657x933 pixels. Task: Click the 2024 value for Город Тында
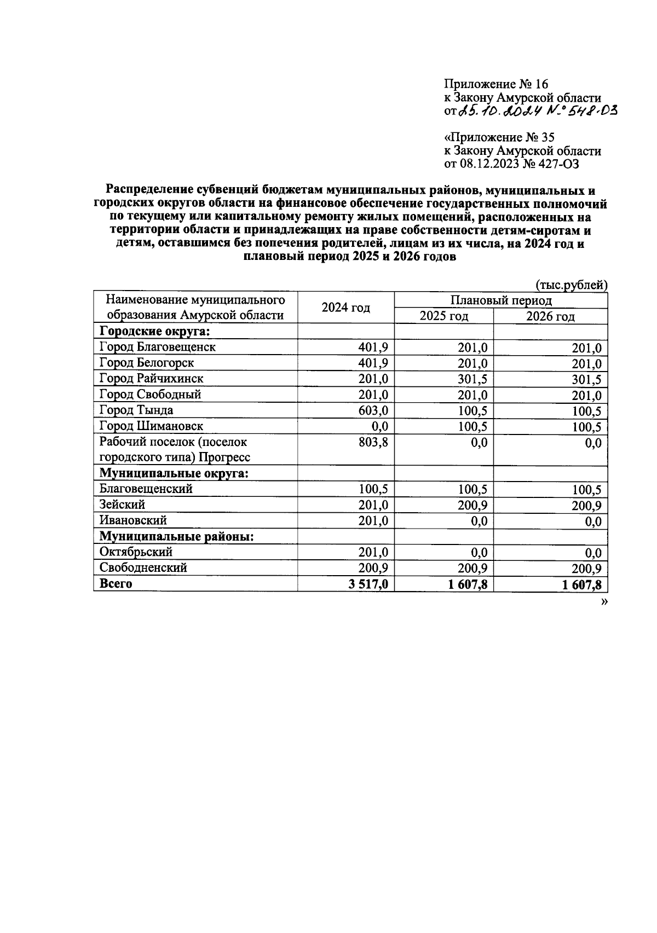(x=373, y=411)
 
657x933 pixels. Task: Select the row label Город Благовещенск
(x=157, y=347)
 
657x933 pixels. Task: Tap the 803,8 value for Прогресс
(x=373, y=443)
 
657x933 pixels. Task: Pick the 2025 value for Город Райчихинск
(x=472, y=379)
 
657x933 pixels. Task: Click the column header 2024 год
(x=345, y=308)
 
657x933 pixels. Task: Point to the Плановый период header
(x=500, y=300)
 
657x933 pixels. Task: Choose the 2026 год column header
(x=550, y=316)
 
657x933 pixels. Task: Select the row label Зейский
(x=122, y=505)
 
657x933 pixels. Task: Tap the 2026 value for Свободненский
(x=586, y=569)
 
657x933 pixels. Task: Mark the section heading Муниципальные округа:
(x=174, y=473)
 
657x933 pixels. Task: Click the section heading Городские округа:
(x=155, y=331)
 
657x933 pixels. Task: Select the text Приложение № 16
(x=495, y=84)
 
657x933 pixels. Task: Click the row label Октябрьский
(x=136, y=552)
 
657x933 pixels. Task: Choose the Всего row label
(x=116, y=584)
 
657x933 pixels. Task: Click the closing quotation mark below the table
(x=604, y=601)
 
